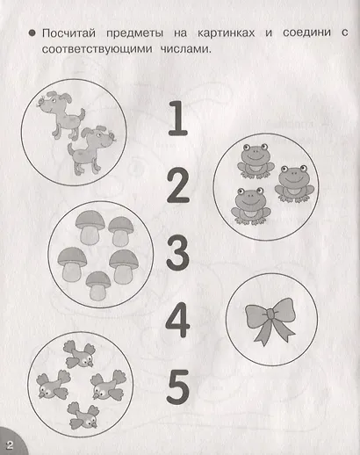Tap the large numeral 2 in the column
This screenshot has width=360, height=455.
pos(178,185)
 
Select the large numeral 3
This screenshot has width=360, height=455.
pos(177,253)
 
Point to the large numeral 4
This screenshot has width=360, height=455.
pos(177,320)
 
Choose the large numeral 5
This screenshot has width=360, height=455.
pos(177,387)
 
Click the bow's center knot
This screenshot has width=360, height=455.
pos(270,314)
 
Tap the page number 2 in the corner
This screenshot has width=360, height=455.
pos(10,445)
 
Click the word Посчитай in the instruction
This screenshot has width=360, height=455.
pos(68,33)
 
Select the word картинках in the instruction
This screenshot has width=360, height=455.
pos(226,32)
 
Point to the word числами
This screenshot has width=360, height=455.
pos(185,49)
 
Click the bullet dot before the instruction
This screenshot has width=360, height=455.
pos(32,32)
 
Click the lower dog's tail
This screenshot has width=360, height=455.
pos(70,148)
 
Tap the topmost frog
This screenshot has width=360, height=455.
pos(256,161)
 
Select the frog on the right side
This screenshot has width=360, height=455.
pos(294,184)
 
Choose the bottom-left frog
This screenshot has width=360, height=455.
pos(250,206)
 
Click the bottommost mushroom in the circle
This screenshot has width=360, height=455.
pos(98,285)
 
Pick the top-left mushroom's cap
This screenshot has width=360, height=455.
pos(90,221)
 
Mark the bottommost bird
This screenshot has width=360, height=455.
pos(83,415)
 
